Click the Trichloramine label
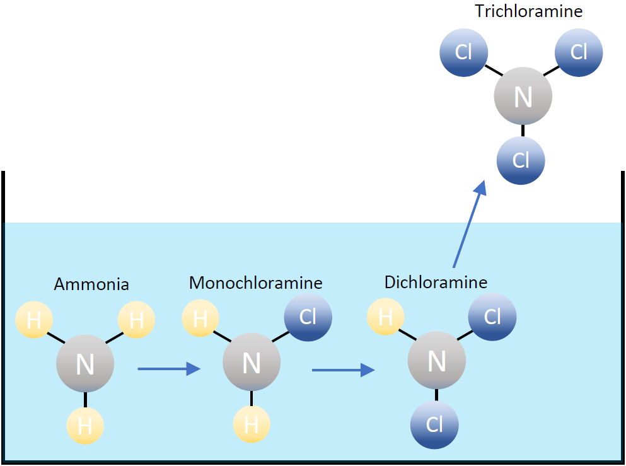coord(528,11)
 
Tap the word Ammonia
coord(91,284)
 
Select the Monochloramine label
coord(255,283)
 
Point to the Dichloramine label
coord(436,282)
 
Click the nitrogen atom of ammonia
coord(85,364)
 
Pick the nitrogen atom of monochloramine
coord(252,363)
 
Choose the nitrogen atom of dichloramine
coord(436,361)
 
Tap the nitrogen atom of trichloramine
coord(523,97)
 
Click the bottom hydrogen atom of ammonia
coord(85,427)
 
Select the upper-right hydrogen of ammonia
coord(136,320)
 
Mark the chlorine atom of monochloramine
coord(308,317)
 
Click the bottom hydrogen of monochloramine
coord(252,424)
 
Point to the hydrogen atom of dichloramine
coord(385,317)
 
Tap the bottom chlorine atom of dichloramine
coord(434,425)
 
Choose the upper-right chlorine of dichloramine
coord(492,317)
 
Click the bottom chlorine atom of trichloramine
coord(521,160)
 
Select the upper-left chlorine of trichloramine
coord(464,52)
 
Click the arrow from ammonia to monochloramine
coord(168,369)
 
